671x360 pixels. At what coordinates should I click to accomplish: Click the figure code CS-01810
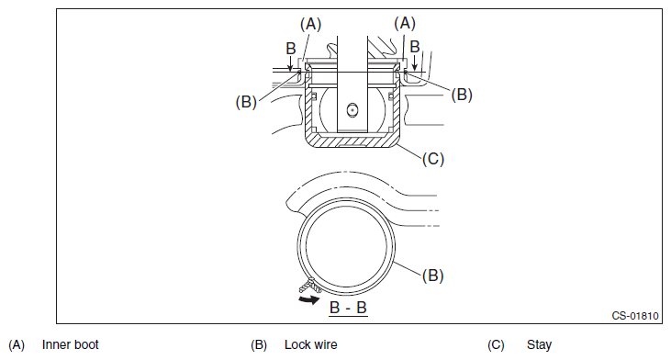635,316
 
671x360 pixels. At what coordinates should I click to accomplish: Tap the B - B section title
348,308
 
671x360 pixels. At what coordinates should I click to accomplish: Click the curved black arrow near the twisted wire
309,299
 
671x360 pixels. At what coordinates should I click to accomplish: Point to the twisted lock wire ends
310,286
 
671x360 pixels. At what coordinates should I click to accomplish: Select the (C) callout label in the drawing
433,159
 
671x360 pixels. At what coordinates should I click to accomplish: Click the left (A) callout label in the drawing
310,24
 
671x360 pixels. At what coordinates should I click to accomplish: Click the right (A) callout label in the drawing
405,23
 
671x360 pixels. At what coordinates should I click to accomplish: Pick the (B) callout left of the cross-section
246,102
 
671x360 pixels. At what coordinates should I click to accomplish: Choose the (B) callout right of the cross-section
462,95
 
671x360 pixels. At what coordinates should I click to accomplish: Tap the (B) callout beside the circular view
432,276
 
